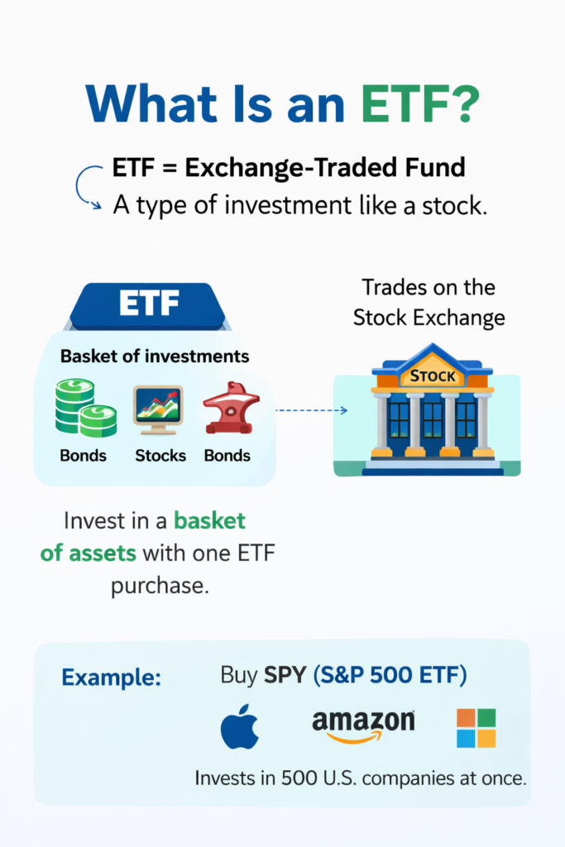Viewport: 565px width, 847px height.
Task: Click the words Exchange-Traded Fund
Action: tap(324, 169)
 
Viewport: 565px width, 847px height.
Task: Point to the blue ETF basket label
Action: tap(149, 304)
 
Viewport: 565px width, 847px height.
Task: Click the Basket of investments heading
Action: tap(155, 357)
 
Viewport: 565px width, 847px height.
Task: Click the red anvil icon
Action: tap(231, 408)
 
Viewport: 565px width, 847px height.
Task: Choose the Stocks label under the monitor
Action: tap(160, 455)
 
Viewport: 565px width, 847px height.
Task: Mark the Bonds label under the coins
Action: tap(83, 455)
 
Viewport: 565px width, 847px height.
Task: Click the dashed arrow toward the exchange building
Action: tap(310, 409)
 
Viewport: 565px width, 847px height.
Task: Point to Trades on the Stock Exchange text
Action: tap(429, 302)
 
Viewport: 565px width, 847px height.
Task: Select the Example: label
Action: tap(111, 677)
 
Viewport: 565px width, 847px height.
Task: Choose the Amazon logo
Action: tap(363, 725)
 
